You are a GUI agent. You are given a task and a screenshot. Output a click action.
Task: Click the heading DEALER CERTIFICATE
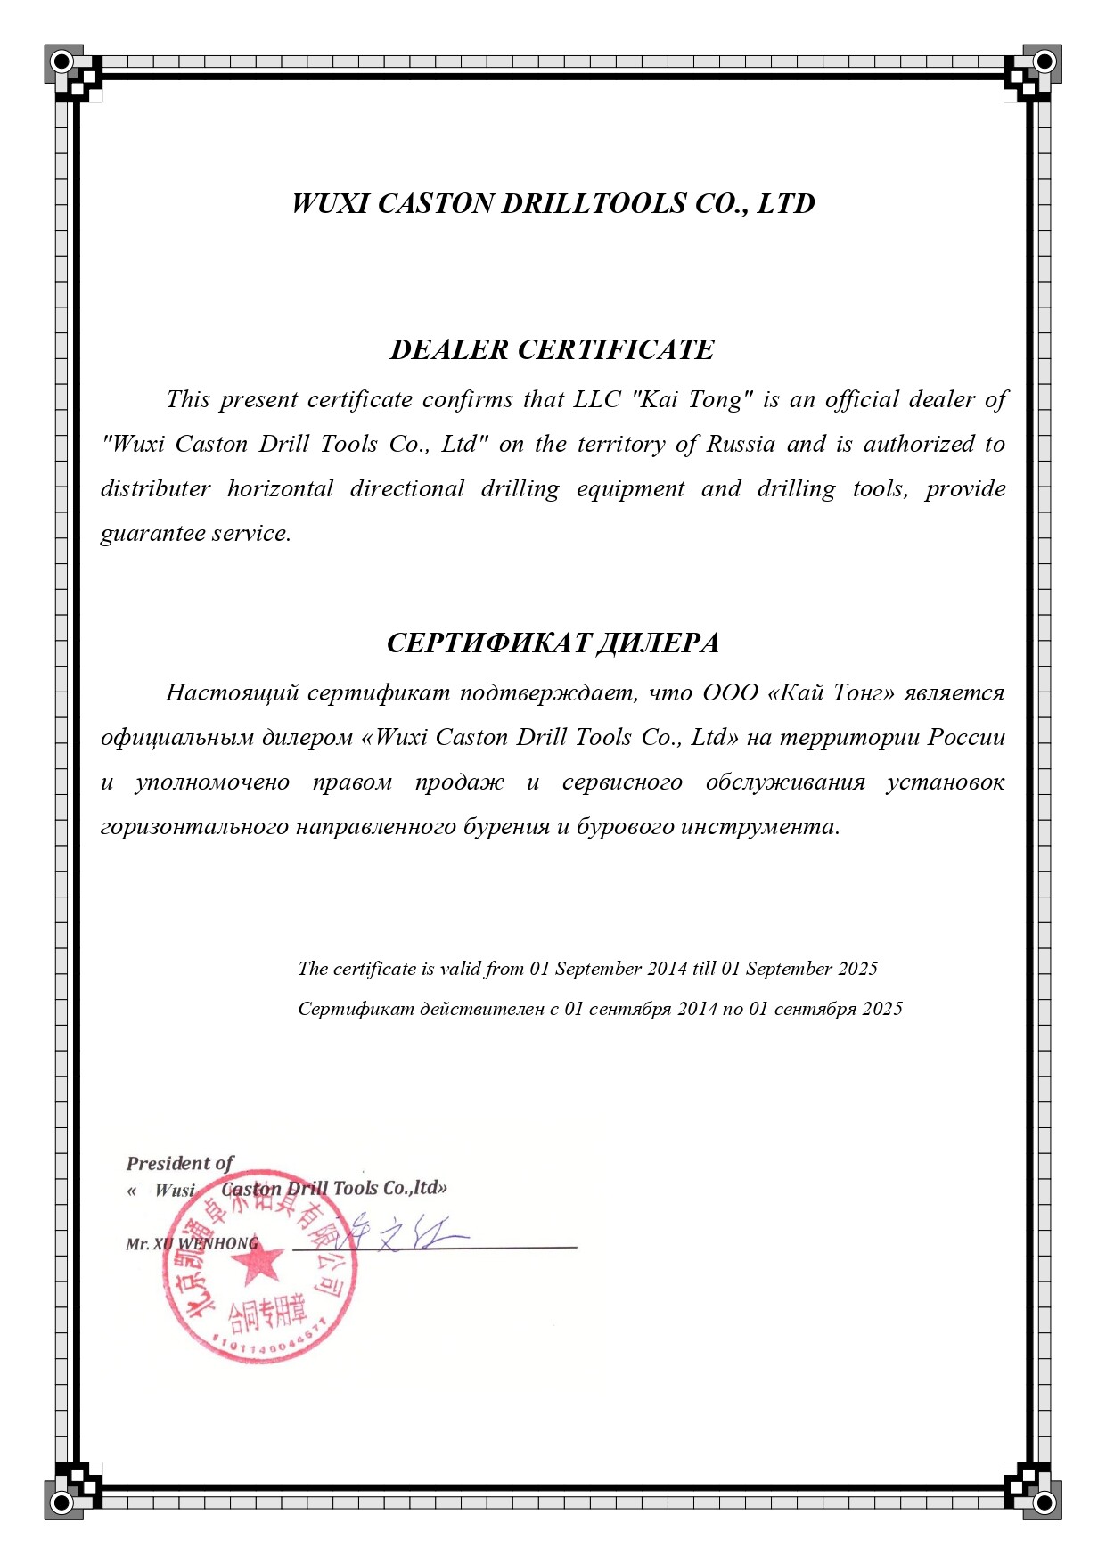coord(552,349)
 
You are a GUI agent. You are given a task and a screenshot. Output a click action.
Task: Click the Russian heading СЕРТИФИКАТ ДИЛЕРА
coord(553,643)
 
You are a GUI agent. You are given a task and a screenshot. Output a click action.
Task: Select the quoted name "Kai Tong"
coord(692,399)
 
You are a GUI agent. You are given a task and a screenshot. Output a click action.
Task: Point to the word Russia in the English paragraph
coord(741,444)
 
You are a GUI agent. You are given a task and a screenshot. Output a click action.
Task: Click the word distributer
coord(156,488)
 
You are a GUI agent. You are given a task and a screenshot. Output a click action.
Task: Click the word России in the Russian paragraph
coord(967,737)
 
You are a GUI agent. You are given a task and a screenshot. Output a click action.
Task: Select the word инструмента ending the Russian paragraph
coord(759,826)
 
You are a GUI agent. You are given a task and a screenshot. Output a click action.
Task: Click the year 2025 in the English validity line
coord(857,969)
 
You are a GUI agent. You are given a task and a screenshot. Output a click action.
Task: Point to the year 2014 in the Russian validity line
coord(697,1009)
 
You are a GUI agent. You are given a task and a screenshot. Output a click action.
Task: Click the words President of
coord(179,1163)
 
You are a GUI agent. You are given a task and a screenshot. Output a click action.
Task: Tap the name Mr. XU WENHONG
coord(192,1243)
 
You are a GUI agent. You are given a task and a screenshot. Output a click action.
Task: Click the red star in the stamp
coord(259,1262)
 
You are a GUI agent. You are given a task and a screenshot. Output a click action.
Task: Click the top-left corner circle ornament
coord(61,61)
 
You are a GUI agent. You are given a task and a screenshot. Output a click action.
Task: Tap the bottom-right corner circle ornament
coord(1044,1503)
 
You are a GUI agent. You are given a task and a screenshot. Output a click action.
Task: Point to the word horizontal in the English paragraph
coord(280,488)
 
